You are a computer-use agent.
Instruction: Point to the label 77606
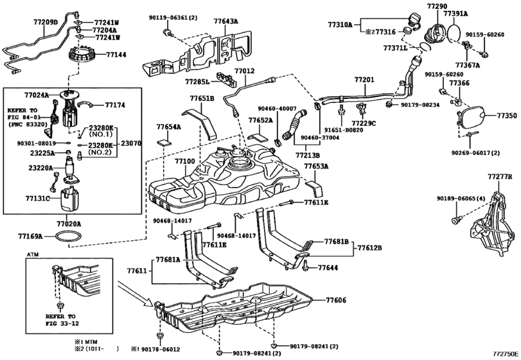(335, 300)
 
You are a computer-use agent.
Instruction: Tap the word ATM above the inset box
(32, 255)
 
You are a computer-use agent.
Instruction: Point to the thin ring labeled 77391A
(455, 31)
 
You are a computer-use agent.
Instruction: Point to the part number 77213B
(308, 155)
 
